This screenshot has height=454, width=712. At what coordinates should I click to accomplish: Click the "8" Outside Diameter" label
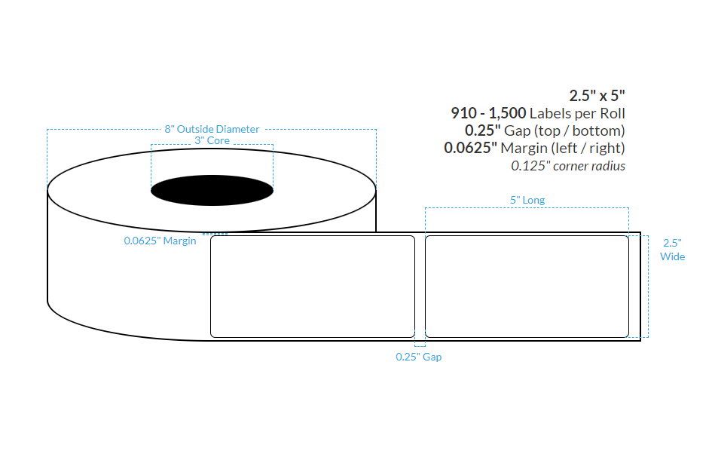coord(212,129)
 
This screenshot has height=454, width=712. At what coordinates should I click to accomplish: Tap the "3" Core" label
coord(212,140)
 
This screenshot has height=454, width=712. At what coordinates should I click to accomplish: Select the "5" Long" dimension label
coord(527,200)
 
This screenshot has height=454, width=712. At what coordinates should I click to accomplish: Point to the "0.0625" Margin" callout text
coord(160,241)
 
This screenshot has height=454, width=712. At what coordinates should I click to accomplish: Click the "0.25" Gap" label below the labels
coord(419,357)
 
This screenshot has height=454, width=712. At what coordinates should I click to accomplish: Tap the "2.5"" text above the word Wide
coord(672,243)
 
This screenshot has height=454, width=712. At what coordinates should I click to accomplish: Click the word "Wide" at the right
coord(672,256)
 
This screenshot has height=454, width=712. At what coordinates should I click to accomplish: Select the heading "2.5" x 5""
coord(597,96)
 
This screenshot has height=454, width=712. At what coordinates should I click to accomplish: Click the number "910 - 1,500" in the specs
coord(488,113)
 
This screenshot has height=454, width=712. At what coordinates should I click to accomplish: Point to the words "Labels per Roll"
coord(577,113)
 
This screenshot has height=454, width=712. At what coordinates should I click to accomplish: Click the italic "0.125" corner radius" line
coord(568,166)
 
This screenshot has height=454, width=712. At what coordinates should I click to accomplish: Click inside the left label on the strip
coord(312,286)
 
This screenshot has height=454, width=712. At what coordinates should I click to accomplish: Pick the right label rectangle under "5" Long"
coord(527,286)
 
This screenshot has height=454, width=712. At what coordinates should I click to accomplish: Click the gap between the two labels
coord(420,286)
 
